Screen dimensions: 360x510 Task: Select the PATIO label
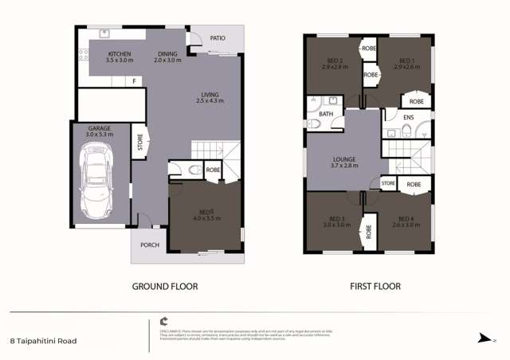[217, 37]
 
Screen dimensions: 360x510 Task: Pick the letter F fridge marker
[134, 81]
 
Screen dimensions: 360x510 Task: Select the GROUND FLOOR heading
[166, 286]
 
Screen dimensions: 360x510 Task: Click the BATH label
[326, 115]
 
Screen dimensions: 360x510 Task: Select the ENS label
[408, 118]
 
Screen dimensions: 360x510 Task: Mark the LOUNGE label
[345, 160]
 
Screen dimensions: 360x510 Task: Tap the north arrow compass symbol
[481, 338]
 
